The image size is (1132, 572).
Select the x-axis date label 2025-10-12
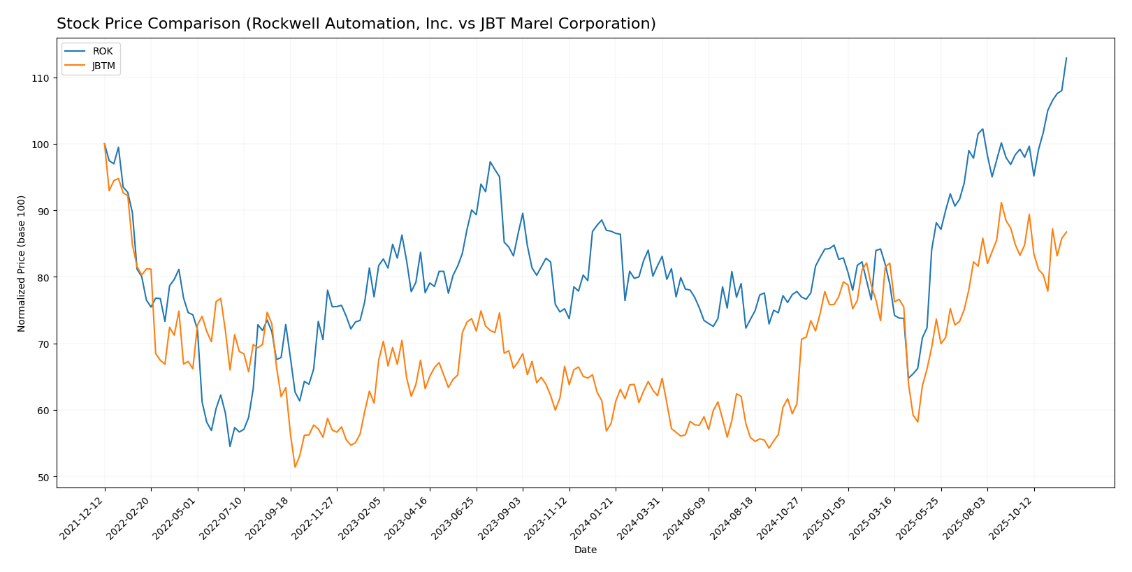(1013, 518)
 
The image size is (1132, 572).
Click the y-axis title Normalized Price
(22, 263)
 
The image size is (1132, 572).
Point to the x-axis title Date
(585, 550)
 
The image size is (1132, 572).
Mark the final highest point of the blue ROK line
(1066, 58)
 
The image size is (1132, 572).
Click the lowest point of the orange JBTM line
(295, 467)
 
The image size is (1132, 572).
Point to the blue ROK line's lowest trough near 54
(230, 446)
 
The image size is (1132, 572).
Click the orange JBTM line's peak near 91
(1001, 203)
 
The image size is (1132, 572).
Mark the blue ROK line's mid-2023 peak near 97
(490, 162)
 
